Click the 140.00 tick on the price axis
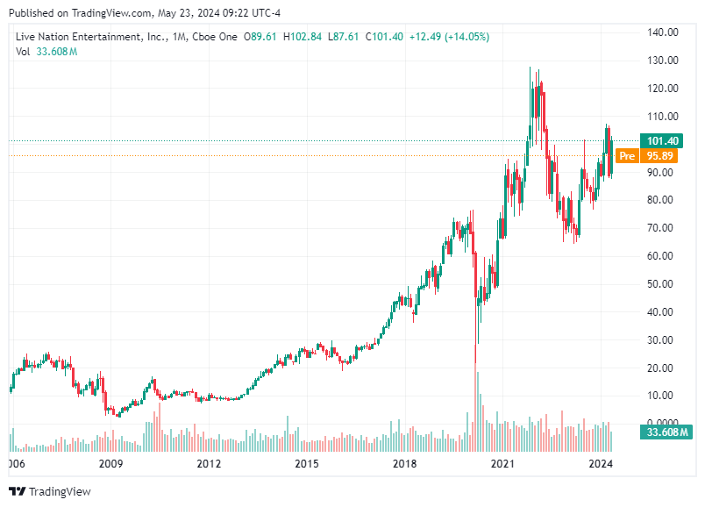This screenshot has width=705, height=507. coord(663,32)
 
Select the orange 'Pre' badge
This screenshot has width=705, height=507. coord(626,156)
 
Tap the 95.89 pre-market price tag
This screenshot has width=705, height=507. coord(661,156)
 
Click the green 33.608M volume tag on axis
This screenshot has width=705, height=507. coord(665,432)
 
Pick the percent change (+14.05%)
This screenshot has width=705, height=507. coord(466,36)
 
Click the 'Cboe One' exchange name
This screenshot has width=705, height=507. coord(213,36)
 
